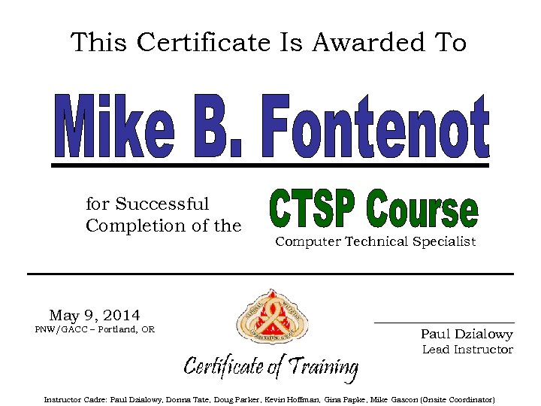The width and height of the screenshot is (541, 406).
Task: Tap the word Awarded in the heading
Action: tap(363, 43)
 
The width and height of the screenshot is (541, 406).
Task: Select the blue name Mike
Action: tap(113, 126)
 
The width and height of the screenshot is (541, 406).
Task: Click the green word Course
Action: tap(422, 211)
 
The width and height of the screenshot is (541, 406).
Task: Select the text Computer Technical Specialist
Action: tap(376, 241)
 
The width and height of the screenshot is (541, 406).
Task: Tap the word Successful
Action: tap(162, 205)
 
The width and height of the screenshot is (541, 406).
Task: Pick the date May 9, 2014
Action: tap(95, 315)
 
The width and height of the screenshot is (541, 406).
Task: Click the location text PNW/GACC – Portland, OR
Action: tap(95, 330)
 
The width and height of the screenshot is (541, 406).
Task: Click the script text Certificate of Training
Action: tap(270, 367)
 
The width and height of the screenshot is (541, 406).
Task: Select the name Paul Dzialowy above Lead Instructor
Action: tap(467, 335)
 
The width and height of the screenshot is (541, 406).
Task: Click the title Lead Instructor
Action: tap(467, 350)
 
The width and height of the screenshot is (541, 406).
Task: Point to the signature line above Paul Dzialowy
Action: tap(444, 323)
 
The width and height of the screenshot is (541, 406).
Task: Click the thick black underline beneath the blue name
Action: tap(270, 165)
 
